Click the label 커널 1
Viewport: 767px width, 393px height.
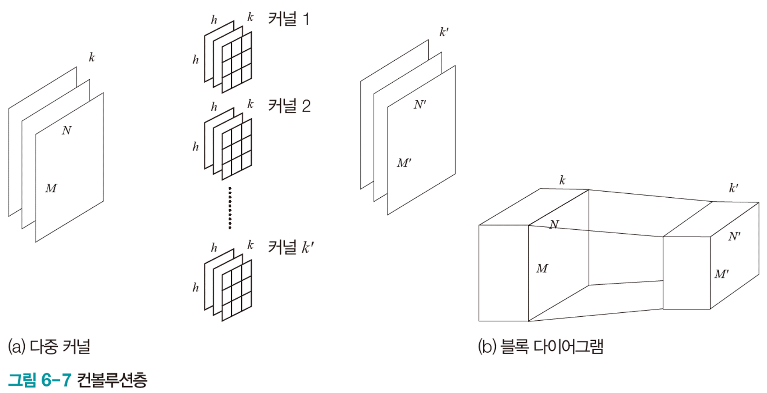pyautogui.click(x=288, y=19)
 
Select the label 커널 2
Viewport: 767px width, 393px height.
pyautogui.click(x=289, y=106)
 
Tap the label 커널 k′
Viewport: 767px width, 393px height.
pyautogui.click(x=290, y=247)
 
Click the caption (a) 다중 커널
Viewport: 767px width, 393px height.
pyautogui.click(x=49, y=346)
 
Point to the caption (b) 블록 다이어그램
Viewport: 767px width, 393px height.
pyautogui.click(x=540, y=346)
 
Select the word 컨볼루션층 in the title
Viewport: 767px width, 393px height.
pyautogui.click(x=112, y=380)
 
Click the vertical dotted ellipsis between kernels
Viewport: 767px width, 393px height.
pyautogui.click(x=230, y=208)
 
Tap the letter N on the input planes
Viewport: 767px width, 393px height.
pyautogui.click(x=67, y=131)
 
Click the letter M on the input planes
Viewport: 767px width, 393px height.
pyautogui.click(x=51, y=188)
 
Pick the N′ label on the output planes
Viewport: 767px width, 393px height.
pyautogui.click(x=420, y=105)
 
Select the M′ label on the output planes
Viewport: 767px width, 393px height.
pyautogui.click(x=404, y=163)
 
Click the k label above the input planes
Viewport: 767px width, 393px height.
pyautogui.click(x=92, y=58)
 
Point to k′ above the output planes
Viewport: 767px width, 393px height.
pyautogui.click(x=444, y=32)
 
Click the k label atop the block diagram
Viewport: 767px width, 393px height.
pyautogui.click(x=562, y=181)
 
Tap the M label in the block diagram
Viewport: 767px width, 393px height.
pyautogui.click(x=542, y=268)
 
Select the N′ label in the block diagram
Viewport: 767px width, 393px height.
pyautogui.click(x=734, y=236)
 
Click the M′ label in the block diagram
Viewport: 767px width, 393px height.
pyautogui.click(x=721, y=274)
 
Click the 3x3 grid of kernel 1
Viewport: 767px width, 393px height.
pyautogui.click(x=236, y=62)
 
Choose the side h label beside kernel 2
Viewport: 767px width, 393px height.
pyautogui.click(x=195, y=147)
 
